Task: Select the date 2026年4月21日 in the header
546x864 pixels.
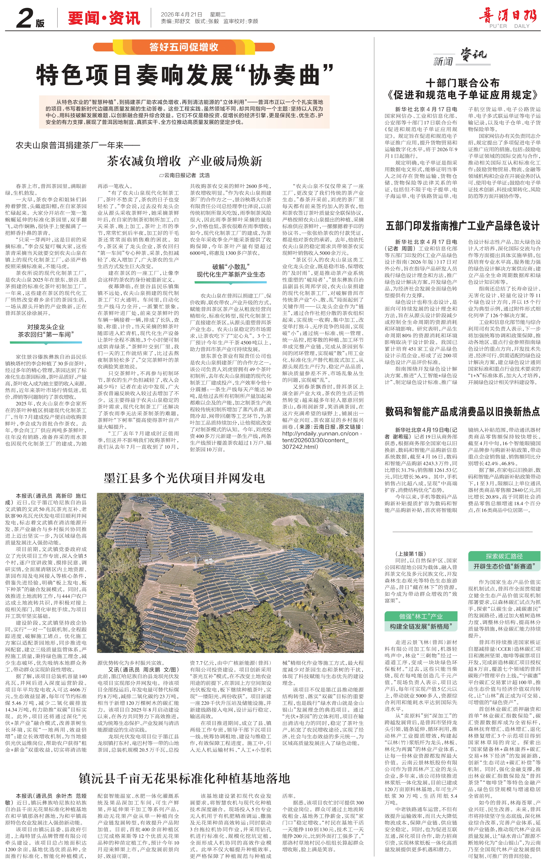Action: point(182,14)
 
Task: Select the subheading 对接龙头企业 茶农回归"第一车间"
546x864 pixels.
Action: point(46,331)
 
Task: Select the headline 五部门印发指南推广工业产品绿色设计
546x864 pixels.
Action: point(462,226)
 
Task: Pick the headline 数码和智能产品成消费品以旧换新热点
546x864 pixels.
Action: point(462,412)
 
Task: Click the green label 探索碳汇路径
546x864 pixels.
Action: point(504,556)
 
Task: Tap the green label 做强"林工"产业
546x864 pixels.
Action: point(421,616)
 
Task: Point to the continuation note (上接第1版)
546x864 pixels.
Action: point(410,554)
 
